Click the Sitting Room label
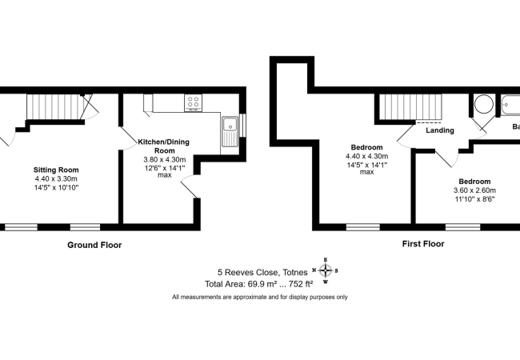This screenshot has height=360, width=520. (56, 170)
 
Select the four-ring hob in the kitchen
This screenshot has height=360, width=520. (193, 102)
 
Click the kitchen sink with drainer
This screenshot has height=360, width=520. (230, 127)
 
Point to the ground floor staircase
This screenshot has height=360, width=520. (55, 107)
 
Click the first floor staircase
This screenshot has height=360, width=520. (410, 106)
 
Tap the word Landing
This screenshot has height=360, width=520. (439, 130)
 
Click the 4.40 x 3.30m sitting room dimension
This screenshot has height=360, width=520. (56, 180)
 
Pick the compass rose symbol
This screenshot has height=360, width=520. (326, 270)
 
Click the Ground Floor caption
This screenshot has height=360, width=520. (94, 245)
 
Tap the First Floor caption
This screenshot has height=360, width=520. (422, 244)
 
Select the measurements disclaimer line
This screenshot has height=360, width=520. (260, 297)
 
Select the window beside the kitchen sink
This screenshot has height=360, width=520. (243, 126)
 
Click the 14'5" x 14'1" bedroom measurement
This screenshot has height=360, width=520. (367, 166)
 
